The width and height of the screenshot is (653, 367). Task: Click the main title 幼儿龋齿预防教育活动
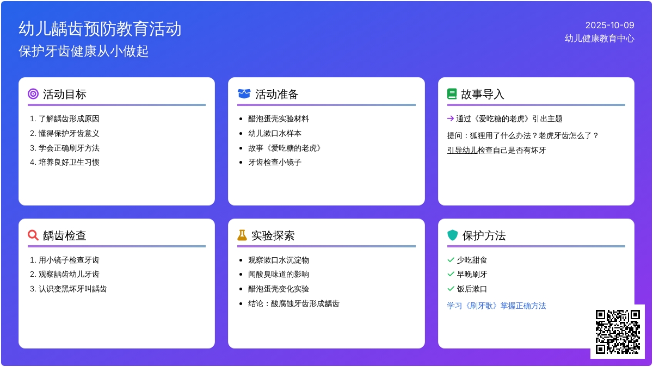coord(100,29)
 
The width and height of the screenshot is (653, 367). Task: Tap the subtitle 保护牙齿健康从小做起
coord(84,51)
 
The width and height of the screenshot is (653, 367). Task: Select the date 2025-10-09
coord(609,25)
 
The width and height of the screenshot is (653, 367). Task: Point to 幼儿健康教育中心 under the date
coord(599,39)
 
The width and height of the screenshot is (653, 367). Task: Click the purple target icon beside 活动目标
coord(33,94)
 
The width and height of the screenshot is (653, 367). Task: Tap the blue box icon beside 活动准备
coord(244,94)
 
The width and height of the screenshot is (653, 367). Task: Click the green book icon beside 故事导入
coord(452,94)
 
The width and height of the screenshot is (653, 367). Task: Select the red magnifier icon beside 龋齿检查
coord(33,235)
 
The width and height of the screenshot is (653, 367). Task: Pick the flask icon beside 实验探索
coord(242,235)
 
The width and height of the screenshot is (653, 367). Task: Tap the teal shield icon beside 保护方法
coord(452,235)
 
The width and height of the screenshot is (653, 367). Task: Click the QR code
coord(617,331)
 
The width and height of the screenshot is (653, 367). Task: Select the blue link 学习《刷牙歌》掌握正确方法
coord(496,306)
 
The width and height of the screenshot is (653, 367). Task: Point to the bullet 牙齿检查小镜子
coord(275,162)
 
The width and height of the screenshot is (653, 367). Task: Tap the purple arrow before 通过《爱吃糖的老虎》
coord(450,119)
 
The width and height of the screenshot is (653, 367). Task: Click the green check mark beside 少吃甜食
coord(451,260)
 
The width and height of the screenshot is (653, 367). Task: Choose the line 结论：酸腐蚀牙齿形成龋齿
coord(293,303)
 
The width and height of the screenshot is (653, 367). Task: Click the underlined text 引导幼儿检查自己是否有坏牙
coord(496,150)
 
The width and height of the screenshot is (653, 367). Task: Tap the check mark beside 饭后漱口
coord(451,289)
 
